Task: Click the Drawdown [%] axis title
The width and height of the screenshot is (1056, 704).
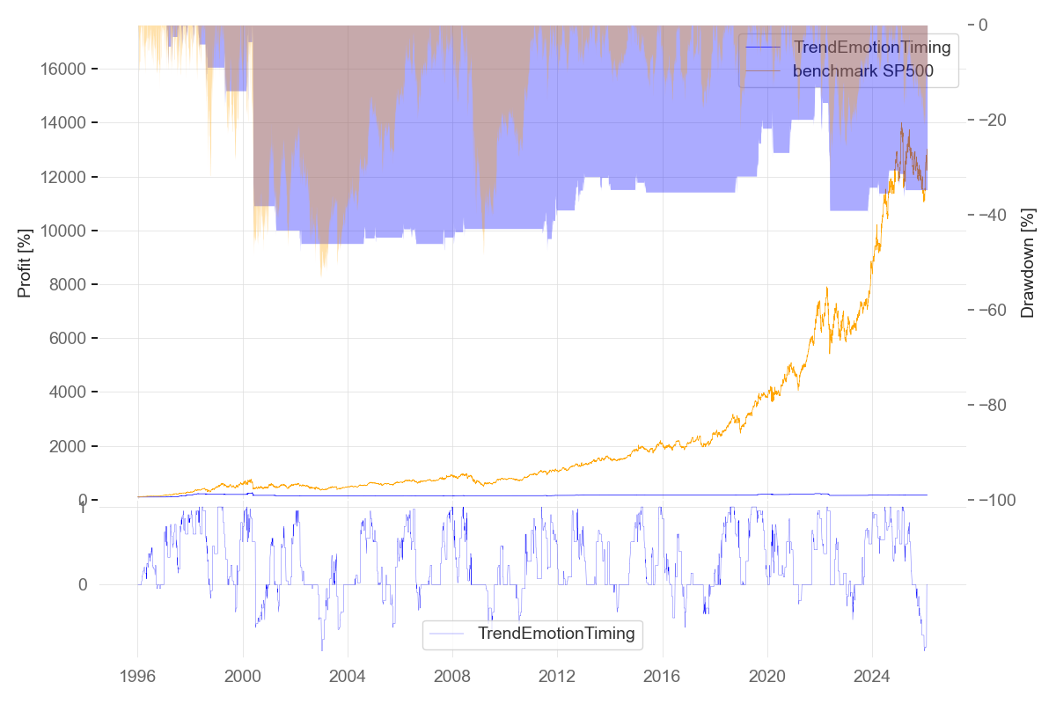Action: tap(1027, 263)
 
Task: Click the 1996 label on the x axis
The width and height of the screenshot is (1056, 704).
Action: tap(137, 678)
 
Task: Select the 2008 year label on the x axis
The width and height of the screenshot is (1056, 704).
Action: tap(452, 678)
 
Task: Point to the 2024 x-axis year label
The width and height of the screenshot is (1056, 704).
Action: tap(872, 678)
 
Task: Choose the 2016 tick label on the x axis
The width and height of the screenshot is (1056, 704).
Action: tap(662, 678)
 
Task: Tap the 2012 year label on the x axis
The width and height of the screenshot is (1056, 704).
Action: tap(557, 678)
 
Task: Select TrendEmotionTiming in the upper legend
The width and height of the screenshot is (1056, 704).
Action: tap(871, 48)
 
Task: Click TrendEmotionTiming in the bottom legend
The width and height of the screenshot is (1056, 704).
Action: tap(555, 634)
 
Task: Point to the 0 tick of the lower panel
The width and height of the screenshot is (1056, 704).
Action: tap(83, 584)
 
